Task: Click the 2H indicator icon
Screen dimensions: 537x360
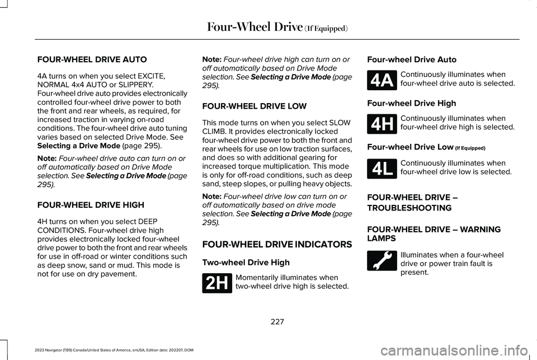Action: (217, 283)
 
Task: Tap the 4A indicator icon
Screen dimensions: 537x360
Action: (382, 80)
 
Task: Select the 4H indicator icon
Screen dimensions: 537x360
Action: (382, 124)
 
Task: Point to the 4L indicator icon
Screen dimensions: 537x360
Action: (382, 169)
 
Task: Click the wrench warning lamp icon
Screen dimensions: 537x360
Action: (382, 260)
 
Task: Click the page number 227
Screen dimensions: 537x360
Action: (277, 321)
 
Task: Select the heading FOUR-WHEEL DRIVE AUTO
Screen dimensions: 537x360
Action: (92, 60)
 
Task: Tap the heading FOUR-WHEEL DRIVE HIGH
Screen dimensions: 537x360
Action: (91, 205)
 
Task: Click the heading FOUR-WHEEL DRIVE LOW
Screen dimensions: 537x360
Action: (255, 106)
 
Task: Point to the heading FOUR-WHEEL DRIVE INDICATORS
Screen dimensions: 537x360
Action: (277, 245)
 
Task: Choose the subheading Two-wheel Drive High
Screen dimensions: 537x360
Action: (246, 263)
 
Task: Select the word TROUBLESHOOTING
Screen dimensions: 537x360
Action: (409, 208)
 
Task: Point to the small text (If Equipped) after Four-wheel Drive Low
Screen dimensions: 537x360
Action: (470, 148)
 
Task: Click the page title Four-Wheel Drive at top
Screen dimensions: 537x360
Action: (255, 27)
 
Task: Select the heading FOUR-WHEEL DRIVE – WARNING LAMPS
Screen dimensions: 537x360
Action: (434, 234)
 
